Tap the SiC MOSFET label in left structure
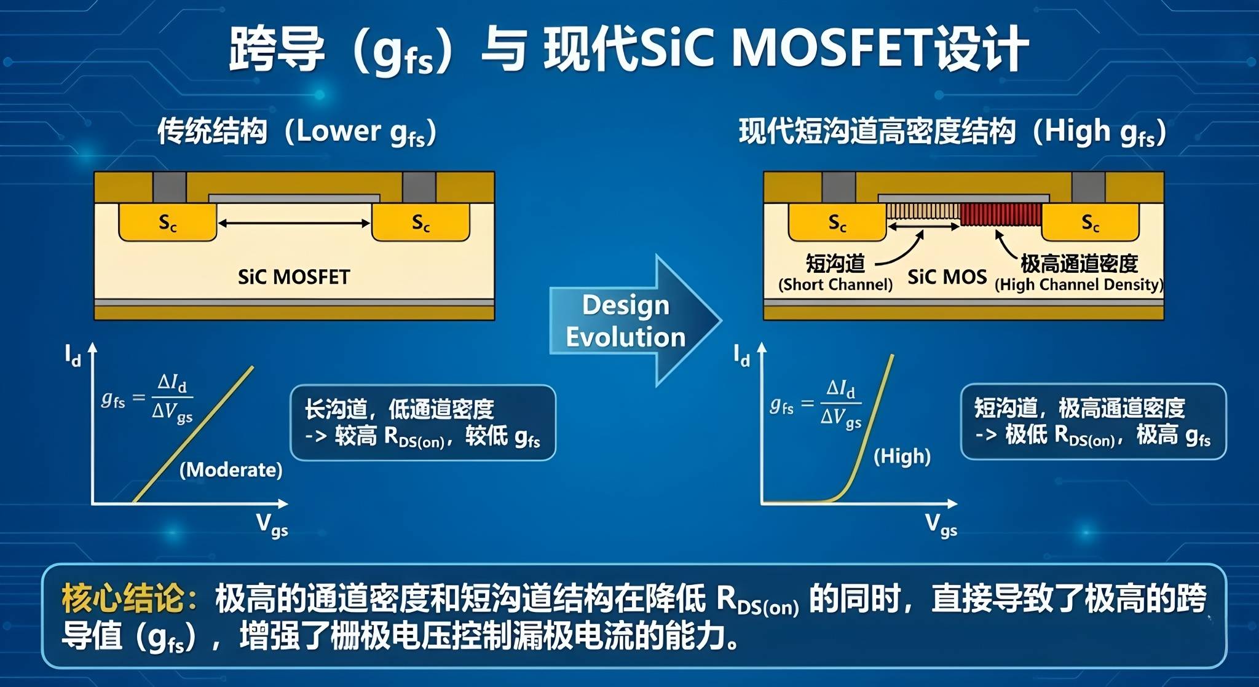[x=294, y=277]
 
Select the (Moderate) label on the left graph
[x=231, y=470]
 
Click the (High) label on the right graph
[x=902, y=457]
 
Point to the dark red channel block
[x=1001, y=214]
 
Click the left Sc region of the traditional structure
[x=167, y=222]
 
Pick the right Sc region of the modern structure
[x=1090, y=222]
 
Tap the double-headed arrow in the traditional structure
[x=294, y=223]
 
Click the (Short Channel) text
[x=835, y=285]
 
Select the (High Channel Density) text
[x=1079, y=285]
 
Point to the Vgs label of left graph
[x=272, y=526]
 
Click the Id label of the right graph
[x=741, y=356]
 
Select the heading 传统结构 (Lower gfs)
[x=297, y=132]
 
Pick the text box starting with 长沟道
[x=423, y=423]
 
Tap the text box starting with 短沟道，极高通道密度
[x=1093, y=422]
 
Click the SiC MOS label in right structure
[x=947, y=277]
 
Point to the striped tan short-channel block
[x=923, y=212]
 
